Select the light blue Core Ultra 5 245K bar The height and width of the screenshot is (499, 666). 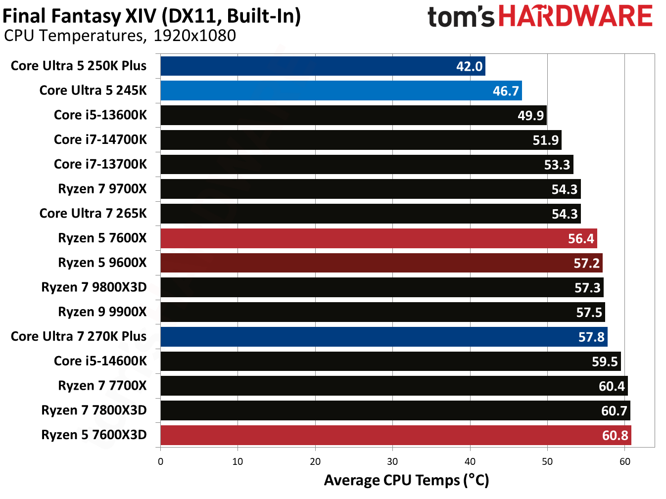(x=341, y=91)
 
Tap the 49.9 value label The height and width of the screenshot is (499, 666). (x=530, y=115)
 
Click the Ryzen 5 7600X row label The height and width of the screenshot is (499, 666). (x=102, y=238)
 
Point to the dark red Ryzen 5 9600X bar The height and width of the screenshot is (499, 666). (x=381, y=263)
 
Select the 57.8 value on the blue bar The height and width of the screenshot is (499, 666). (x=591, y=337)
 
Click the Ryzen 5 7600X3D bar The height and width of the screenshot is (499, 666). (x=396, y=435)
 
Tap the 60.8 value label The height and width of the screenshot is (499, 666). (x=615, y=435)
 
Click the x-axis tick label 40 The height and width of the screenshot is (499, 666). (x=470, y=461)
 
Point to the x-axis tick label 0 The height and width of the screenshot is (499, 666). (x=160, y=461)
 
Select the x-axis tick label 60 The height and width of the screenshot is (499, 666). (x=625, y=461)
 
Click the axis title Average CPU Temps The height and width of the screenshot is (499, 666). (x=406, y=480)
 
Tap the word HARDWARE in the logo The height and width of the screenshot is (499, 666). (x=575, y=16)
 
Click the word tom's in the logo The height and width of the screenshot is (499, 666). (x=461, y=17)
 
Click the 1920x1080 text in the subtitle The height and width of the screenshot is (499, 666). (x=194, y=36)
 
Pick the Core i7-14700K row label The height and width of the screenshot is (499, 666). (x=100, y=139)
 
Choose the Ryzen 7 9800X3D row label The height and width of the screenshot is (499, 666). (x=94, y=287)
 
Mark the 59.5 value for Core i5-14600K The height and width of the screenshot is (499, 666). (x=605, y=362)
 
